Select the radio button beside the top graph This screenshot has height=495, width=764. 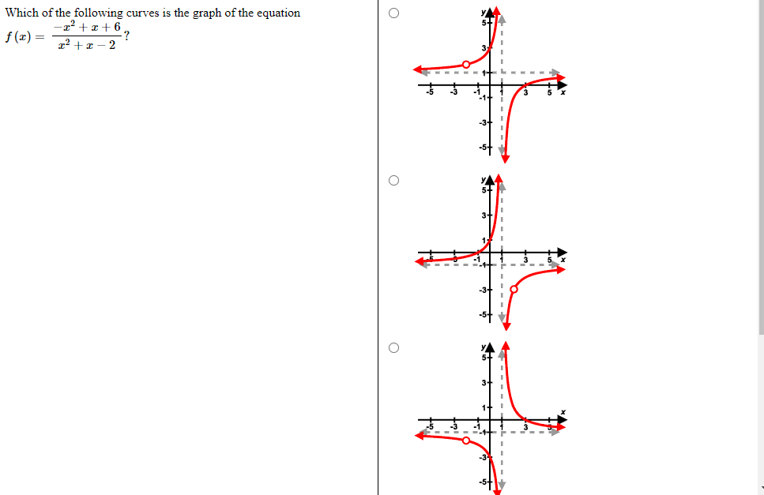[393, 13]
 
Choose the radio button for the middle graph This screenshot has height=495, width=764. [393, 181]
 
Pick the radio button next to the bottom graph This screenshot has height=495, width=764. [393, 347]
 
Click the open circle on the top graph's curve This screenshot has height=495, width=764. [465, 65]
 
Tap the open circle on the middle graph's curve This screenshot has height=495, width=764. [514, 290]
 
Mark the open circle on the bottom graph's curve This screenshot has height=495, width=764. [466, 441]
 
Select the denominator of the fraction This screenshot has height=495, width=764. [87, 45]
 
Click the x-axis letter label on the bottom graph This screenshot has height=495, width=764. [563, 411]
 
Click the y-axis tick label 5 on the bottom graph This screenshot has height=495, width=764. [484, 358]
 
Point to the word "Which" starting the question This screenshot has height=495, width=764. [21, 13]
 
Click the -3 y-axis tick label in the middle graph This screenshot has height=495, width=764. [482, 291]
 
